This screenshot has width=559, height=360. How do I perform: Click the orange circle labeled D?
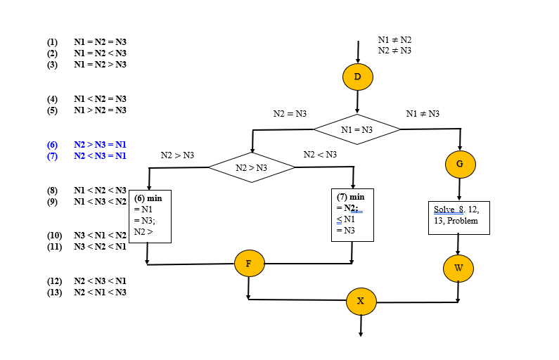pos(357,77)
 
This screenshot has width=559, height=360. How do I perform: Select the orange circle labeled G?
pos(460,164)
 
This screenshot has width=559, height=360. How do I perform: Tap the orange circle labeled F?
pos(249,263)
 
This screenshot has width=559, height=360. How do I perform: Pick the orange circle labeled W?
pos(458,268)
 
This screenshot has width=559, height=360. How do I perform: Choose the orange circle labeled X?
pos(361,301)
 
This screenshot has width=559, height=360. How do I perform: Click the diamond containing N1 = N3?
pos(357,129)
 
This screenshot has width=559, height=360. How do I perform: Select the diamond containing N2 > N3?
pos(251,167)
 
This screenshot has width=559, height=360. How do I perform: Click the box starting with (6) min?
pos(149,215)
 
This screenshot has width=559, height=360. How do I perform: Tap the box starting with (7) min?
pos(352,214)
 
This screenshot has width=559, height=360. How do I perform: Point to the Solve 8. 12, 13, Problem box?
pos(458,217)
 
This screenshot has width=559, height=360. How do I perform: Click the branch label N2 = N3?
pos(290,113)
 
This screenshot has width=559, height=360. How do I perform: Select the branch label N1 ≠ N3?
pos(423,113)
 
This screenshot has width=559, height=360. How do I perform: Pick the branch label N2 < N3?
pos(320,155)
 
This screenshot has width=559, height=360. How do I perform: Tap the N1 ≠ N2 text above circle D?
pos(394,40)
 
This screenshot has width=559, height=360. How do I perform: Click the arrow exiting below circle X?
pos(361,326)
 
